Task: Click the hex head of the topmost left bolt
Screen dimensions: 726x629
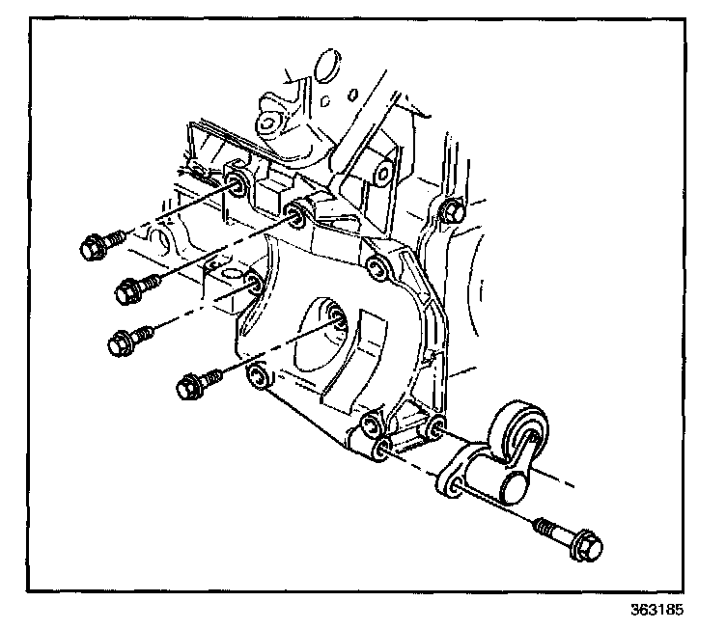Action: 91,248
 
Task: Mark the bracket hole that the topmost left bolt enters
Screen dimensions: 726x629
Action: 235,183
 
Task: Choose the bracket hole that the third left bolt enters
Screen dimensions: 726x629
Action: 253,283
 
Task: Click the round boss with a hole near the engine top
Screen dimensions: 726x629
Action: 265,123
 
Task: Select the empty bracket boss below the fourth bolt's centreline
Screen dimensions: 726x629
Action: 256,376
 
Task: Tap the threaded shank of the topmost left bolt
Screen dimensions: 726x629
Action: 115,236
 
